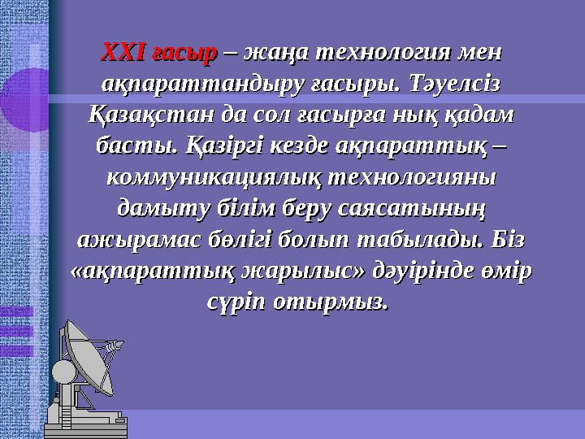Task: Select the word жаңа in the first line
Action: (272, 53)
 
